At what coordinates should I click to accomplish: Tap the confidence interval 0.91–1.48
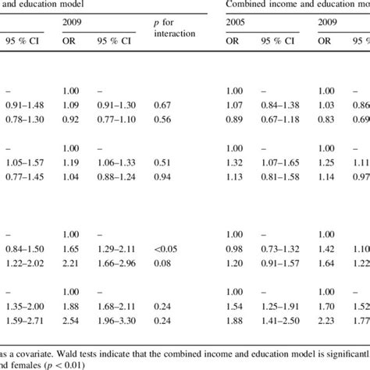click(x=22, y=104)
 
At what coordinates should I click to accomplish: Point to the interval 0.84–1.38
click(x=280, y=104)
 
